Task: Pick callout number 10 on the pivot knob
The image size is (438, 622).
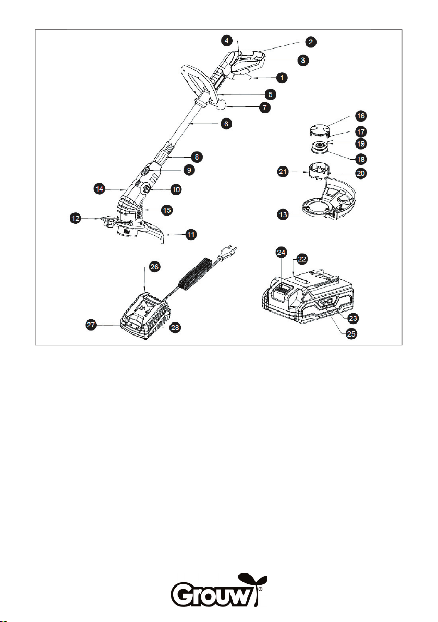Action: (176, 189)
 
